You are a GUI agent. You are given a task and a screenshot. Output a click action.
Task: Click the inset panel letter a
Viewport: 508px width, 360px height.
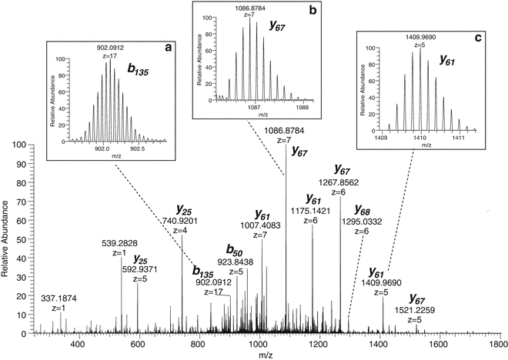point(168,48)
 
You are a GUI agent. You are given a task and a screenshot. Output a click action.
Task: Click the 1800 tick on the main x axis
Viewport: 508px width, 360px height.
point(500,345)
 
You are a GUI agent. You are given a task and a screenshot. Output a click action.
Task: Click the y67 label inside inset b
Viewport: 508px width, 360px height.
point(277,25)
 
